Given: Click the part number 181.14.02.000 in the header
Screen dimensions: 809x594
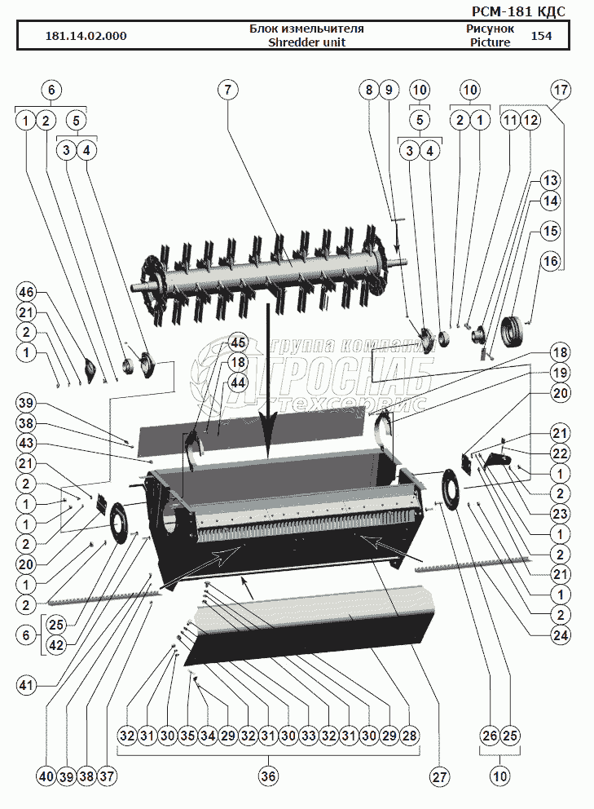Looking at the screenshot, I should tap(86, 36).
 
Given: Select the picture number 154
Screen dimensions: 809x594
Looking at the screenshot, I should tap(541, 36).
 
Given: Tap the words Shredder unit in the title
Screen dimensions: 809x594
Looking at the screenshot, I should tap(306, 42).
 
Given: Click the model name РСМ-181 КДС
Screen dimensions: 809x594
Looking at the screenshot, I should tap(518, 11).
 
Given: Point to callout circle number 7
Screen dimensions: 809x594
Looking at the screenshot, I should tap(227, 89).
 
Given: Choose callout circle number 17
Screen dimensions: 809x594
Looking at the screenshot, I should tap(561, 89).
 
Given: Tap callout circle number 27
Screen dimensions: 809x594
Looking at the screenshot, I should tap(440, 777).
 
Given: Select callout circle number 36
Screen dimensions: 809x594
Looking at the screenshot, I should tap(268, 777).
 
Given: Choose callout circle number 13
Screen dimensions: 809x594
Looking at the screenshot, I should tap(551, 180).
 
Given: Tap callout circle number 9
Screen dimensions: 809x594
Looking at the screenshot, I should tap(388, 89).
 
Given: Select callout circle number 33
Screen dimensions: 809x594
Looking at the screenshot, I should tap(310, 736).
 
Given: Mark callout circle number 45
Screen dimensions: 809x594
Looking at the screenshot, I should tap(237, 342).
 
